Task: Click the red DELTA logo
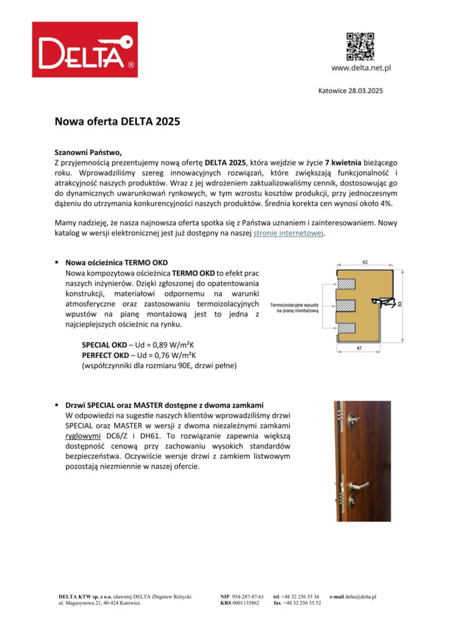(85, 50)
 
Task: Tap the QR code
(360, 46)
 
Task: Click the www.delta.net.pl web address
(361, 68)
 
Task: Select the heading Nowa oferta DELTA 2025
(117, 122)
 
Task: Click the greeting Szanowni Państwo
(89, 152)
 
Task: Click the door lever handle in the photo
(359, 485)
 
